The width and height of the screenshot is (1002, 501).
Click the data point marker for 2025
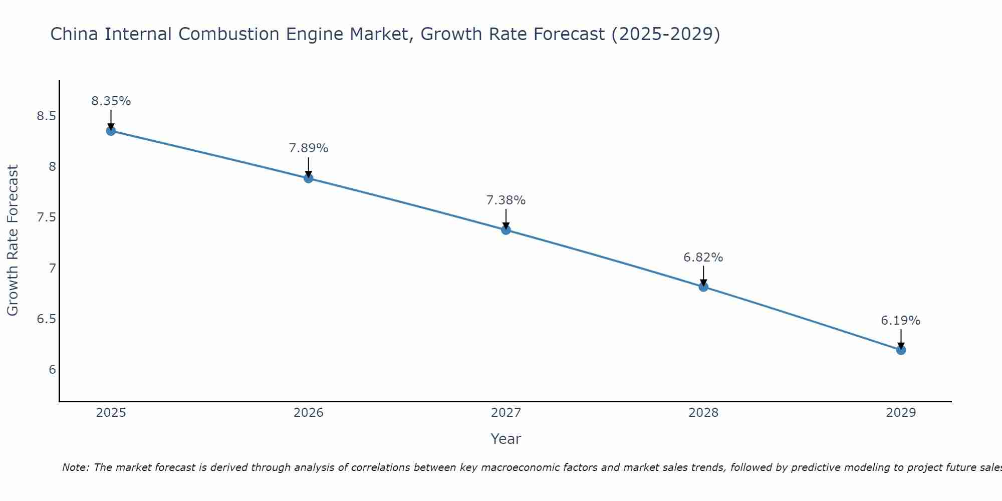point(111,131)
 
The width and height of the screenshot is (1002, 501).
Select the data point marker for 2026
point(309,178)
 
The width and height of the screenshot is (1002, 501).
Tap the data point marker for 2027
point(506,230)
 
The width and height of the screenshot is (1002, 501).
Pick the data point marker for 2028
point(703,287)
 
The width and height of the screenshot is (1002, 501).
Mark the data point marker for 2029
point(901,350)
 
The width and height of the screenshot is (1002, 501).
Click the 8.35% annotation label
point(111,101)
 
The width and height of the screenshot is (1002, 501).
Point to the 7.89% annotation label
point(309,148)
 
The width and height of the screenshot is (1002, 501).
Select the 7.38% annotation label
point(506,200)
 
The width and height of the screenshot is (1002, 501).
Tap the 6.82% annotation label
point(703,258)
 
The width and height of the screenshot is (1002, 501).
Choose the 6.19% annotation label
point(901,321)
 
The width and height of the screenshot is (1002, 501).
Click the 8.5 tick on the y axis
point(46,116)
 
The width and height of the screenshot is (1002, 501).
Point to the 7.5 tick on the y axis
point(46,217)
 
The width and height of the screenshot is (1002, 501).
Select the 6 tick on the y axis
point(52,370)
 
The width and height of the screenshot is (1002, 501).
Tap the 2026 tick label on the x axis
point(309,413)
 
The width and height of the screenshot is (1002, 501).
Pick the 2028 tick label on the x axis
point(703,413)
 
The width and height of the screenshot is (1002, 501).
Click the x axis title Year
point(506,439)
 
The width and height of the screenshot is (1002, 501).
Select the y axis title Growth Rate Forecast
point(13,240)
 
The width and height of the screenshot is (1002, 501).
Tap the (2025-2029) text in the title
point(666,34)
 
